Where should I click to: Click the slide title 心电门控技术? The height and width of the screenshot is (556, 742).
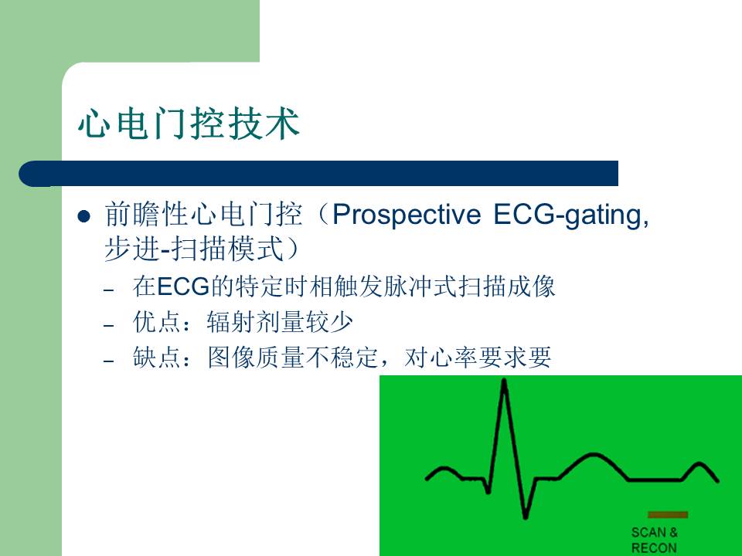[x=188, y=124]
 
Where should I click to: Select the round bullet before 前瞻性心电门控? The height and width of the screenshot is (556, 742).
[x=85, y=215]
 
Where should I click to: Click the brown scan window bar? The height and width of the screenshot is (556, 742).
[x=667, y=514]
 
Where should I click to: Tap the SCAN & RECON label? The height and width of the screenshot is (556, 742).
[x=654, y=540]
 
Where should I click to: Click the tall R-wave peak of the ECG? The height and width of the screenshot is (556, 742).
[x=505, y=382]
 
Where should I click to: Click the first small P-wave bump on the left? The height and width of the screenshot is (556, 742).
[x=444, y=468]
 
